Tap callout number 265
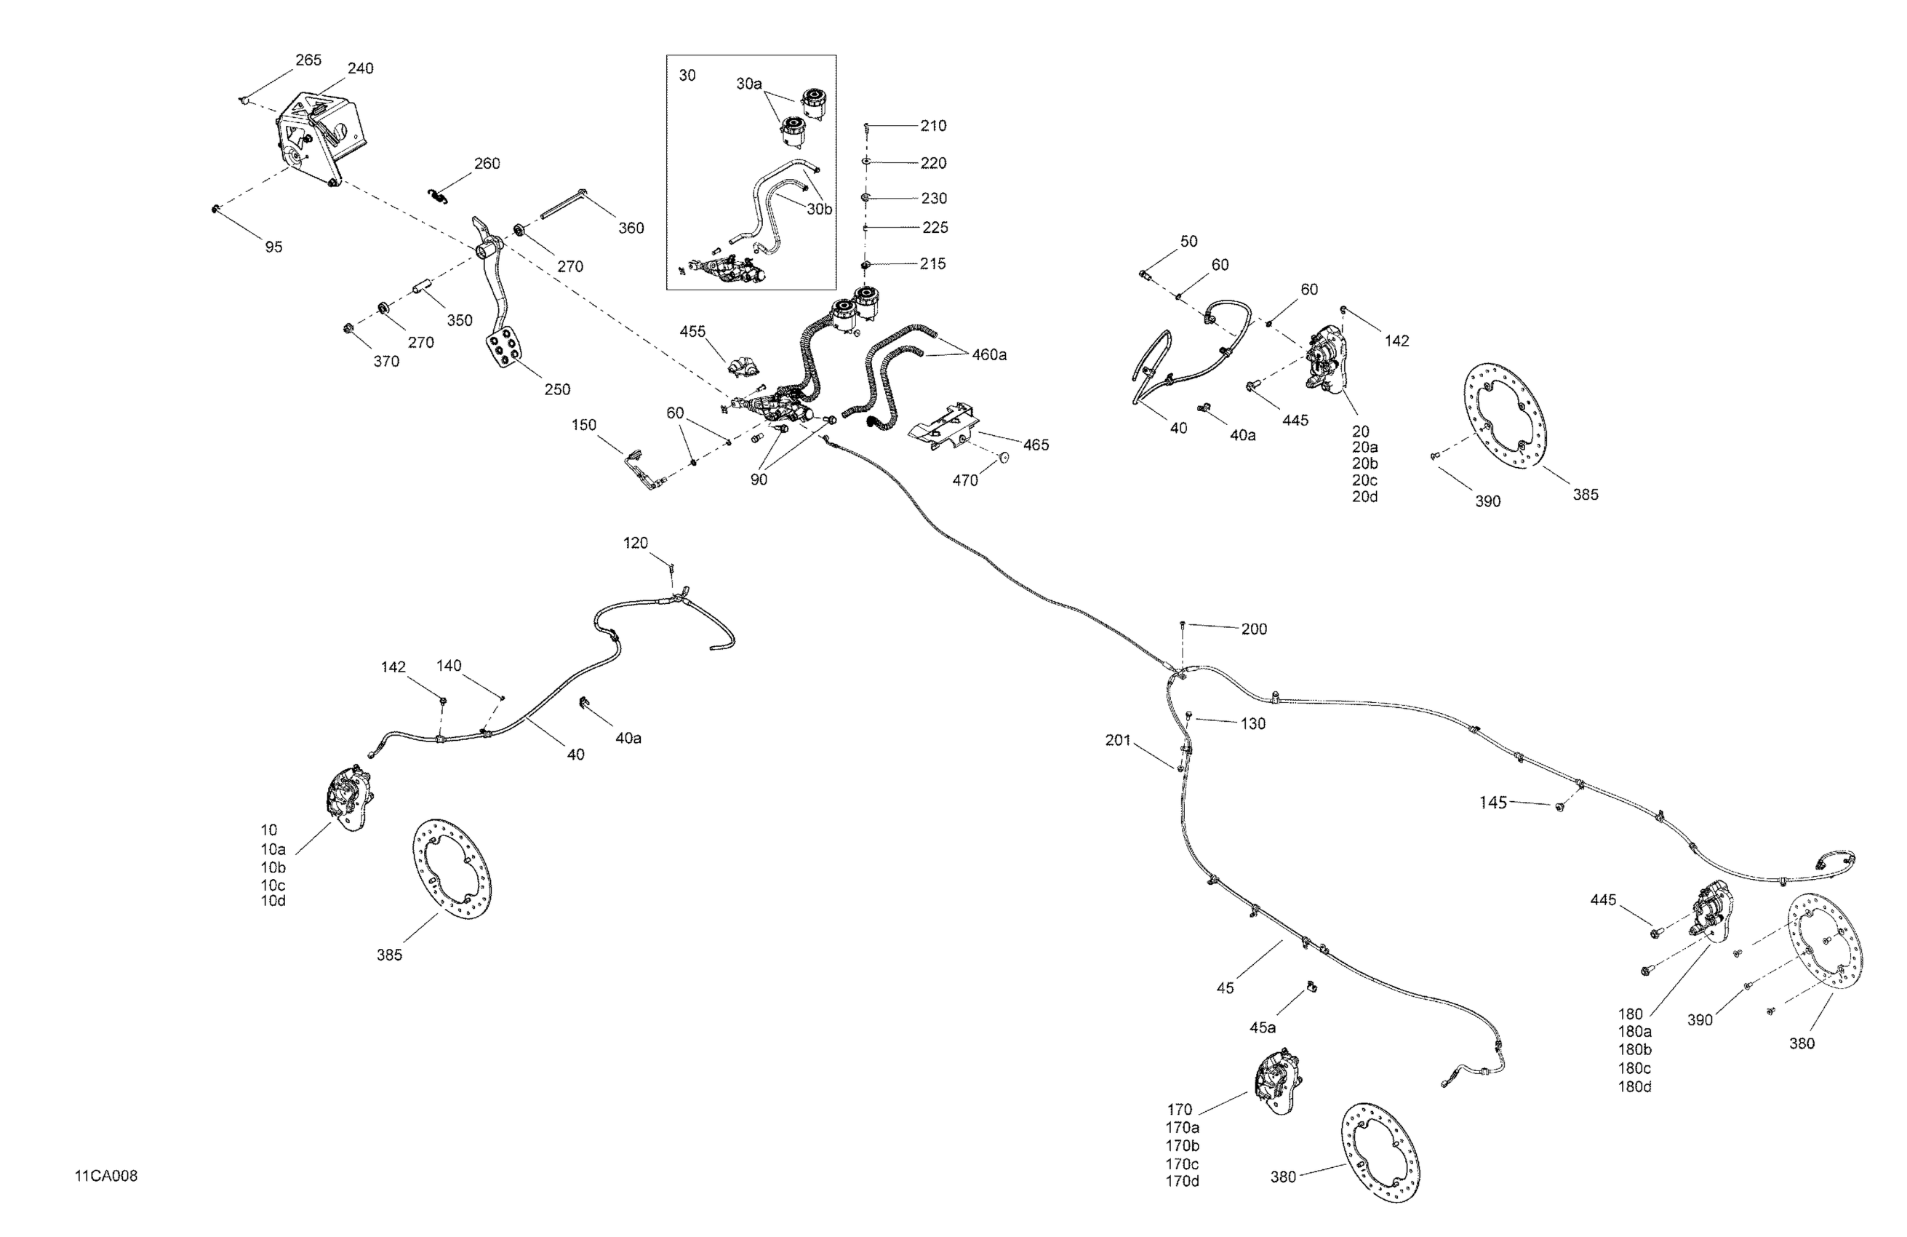point(308,60)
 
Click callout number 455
point(692,331)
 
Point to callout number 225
point(935,228)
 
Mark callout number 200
point(1254,629)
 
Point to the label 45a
point(1263,1027)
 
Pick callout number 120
point(636,543)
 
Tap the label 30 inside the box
point(687,76)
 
